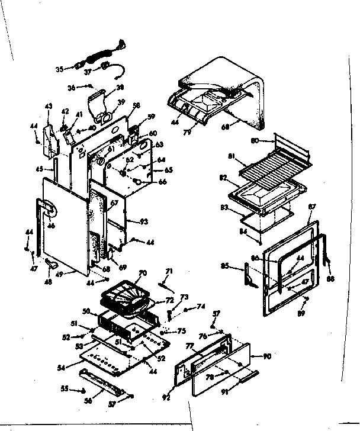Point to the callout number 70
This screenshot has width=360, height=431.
(x=142, y=274)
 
